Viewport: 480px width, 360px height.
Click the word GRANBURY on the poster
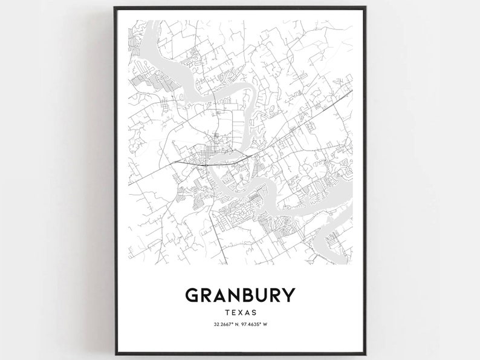pos(240,295)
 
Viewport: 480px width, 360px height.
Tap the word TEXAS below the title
pos(240,313)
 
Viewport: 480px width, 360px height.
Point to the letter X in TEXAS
pos(240,313)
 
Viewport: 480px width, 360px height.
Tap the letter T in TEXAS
pos(225,313)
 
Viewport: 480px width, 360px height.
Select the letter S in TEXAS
pos(255,313)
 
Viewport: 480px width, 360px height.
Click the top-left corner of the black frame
pos(115,7)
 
